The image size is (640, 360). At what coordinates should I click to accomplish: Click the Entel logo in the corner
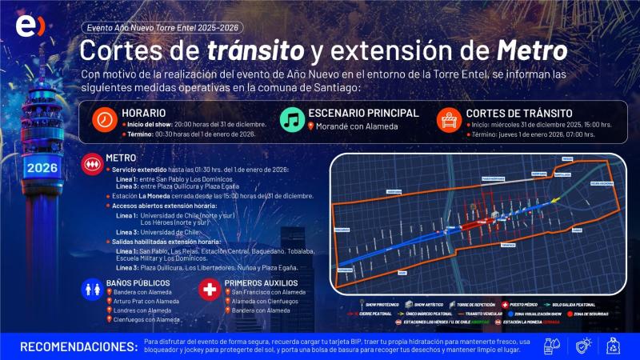pyautogui.click(x=30, y=26)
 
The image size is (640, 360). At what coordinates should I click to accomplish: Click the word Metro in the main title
pyautogui.click(x=532, y=50)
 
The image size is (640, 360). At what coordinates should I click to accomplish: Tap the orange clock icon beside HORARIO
pyautogui.click(x=104, y=119)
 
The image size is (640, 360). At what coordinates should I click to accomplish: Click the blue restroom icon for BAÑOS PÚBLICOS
pyautogui.click(x=93, y=290)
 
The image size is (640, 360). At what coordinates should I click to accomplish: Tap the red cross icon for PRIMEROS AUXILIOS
pyautogui.click(x=210, y=290)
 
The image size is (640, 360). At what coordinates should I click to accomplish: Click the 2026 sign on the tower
pyautogui.click(x=41, y=168)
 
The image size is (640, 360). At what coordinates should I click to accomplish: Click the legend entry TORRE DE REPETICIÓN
pyautogui.click(x=475, y=305)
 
